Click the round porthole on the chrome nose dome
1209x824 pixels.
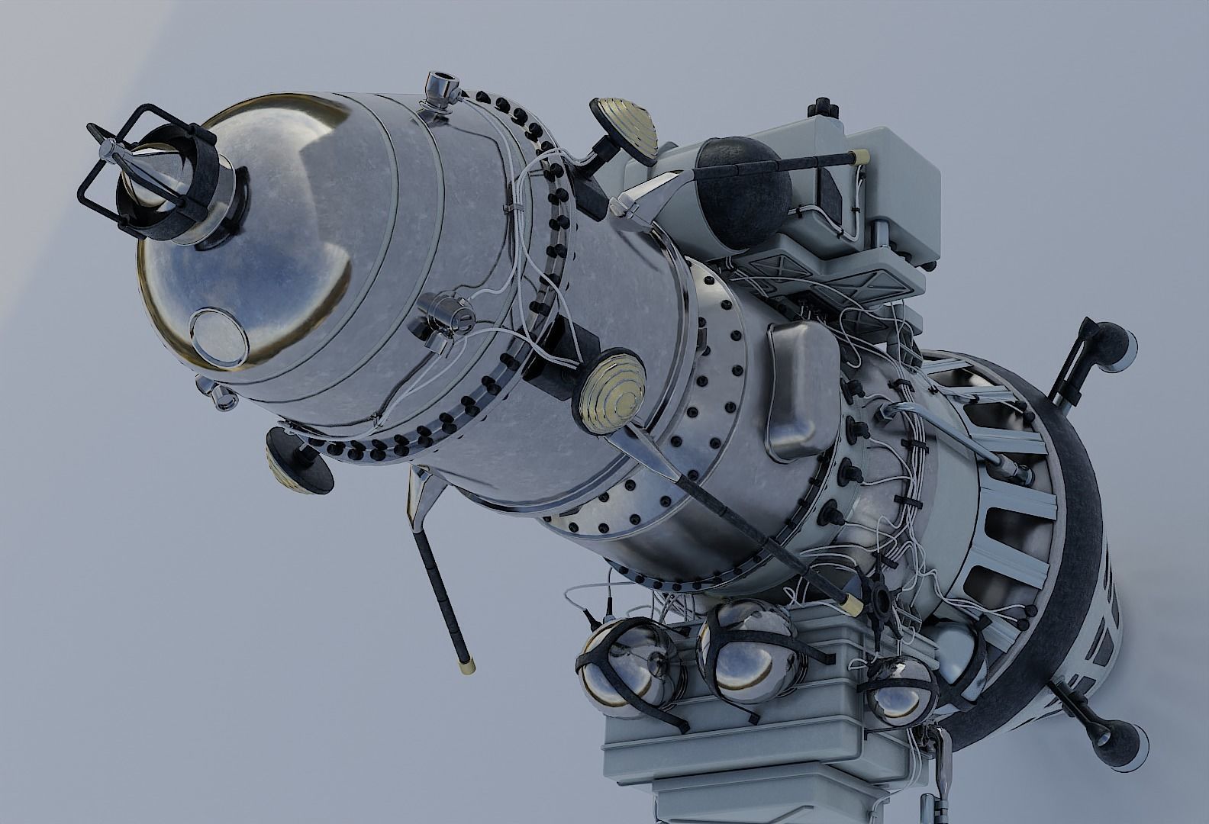click(219, 336)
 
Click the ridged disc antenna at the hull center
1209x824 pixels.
click(608, 387)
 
